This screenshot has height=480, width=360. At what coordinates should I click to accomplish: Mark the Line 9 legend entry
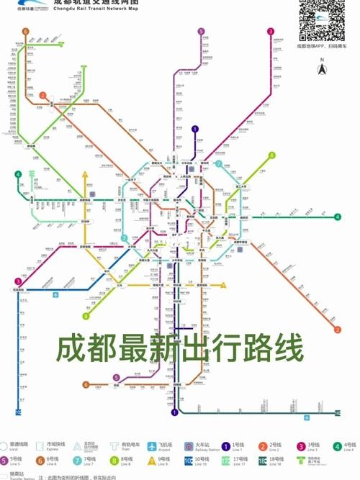coord(152,462)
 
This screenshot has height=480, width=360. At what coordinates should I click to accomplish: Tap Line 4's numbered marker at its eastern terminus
coord(337,217)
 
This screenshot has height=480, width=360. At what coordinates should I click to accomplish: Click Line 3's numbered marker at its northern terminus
coord(271,32)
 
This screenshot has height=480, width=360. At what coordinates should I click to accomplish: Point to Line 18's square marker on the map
coord(337,413)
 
